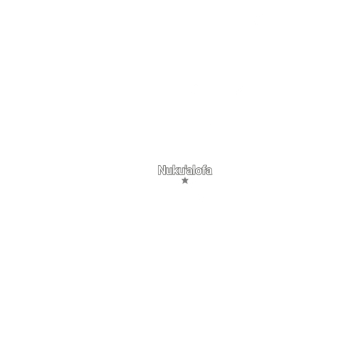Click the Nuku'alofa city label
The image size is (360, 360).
click(x=185, y=170)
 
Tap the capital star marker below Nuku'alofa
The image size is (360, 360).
click(x=185, y=181)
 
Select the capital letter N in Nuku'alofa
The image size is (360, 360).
click(x=162, y=170)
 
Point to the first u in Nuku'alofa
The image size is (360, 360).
click(x=170, y=171)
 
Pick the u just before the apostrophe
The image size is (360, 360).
click(x=182, y=171)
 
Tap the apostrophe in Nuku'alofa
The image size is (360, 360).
click(x=186, y=166)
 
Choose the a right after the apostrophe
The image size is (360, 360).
click(x=189, y=171)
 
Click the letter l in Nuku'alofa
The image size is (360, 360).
click(x=194, y=170)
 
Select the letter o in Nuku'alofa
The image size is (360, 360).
click(x=199, y=171)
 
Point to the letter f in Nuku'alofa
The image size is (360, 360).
click(x=204, y=170)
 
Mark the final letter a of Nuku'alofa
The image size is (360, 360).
click(x=209, y=171)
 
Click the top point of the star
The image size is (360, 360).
click(x=185, y=177)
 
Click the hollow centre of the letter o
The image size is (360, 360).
click(x=199, y=171)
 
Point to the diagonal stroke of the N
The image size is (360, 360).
click(x=162, y=170)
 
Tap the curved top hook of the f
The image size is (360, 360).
click(x=205, y=165)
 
